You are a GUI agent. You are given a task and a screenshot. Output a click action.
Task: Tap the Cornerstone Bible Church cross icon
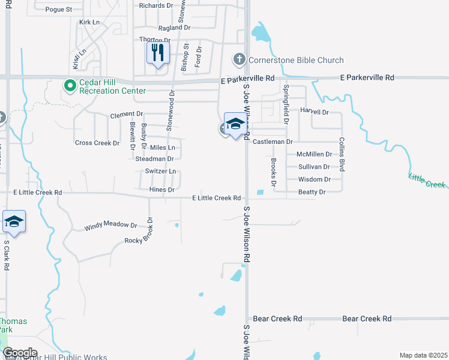point(240,59)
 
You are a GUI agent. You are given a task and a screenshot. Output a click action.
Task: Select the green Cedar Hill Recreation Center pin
point(70,86)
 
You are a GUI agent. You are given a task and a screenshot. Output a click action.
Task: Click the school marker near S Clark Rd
point(14,223)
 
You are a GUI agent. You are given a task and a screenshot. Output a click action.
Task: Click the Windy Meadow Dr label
point(110,226)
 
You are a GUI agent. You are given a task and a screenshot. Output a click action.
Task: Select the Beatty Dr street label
point(312,192)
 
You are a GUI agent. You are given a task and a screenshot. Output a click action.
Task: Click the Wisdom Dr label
point(315,179)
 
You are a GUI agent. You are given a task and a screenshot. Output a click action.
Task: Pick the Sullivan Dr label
point(314,167)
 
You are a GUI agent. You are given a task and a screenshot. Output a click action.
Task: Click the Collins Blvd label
point(342,154)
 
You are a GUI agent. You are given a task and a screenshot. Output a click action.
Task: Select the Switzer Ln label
point(160,171)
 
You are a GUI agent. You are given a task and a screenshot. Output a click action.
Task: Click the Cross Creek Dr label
point(97,143)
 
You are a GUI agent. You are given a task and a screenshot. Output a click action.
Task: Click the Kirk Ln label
point(89,22)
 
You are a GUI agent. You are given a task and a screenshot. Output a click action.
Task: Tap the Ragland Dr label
point(174,28)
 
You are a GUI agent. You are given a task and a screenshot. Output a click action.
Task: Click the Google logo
point(20,353)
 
